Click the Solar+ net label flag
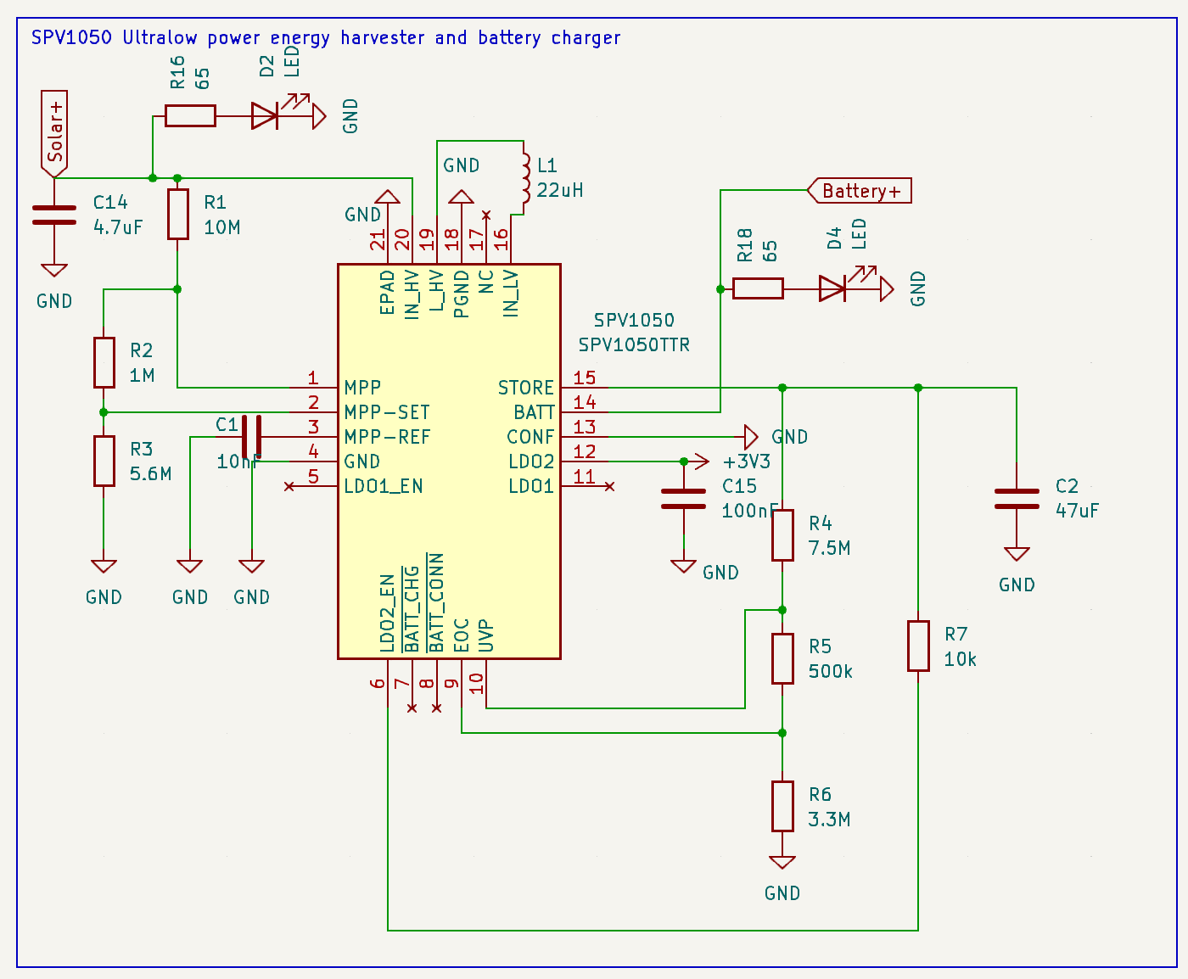point(54,132)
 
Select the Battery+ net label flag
point(859,191)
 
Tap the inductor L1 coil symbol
point(524,180)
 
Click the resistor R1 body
point(177,214)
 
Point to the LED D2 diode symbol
point(266,115)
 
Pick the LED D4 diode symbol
point(832,288)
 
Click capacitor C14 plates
point(54,215)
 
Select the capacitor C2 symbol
point(1016,499)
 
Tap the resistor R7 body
point(918,646)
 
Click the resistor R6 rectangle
point(782,806)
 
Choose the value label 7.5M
point(829,548)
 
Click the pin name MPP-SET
point(387,412)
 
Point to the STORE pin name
point(525,388)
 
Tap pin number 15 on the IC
point(585,378)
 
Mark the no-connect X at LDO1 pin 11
point(609,486)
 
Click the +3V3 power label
point(746,462)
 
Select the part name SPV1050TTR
point(634,344)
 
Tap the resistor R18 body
point(758,288)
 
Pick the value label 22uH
point(560,190)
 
